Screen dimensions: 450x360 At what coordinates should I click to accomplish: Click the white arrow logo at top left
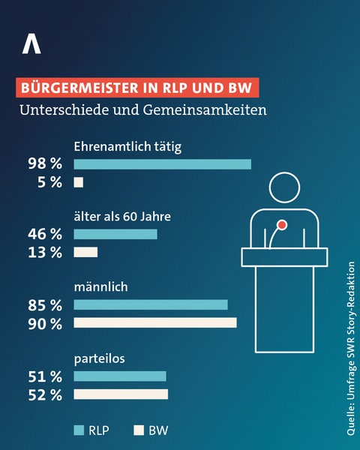click(x=31, y=44)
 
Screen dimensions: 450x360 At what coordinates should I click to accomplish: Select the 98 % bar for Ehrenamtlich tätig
click(x=162, y=164)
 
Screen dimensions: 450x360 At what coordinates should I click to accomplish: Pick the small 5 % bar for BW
click(x=78, y=182)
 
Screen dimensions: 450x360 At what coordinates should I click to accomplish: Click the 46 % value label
click(x=45, y=234)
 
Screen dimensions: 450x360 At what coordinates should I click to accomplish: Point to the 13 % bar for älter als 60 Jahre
click(x=85, y=252)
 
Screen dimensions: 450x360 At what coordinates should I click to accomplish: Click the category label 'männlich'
click(x=100, y=286)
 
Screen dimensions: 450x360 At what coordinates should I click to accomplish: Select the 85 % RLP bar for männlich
click(x=150, y=304)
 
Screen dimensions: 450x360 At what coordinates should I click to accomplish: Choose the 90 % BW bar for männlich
click(x=154, y=322)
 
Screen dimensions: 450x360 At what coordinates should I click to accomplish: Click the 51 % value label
click(x=45, y=376)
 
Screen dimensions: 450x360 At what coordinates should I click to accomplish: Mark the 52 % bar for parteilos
click(x=121, y=394)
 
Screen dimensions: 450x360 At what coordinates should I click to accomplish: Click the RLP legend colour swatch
click(x=78, y=430)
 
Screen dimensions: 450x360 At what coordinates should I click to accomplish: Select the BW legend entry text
click(x=158, y=430)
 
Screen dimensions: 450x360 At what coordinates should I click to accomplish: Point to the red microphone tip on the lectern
click(x=282, y=224)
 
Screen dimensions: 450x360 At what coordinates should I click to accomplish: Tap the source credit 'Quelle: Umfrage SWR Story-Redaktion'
click(x=350, y=349)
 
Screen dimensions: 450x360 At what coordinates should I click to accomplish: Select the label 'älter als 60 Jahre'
click(x=122, y=217)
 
